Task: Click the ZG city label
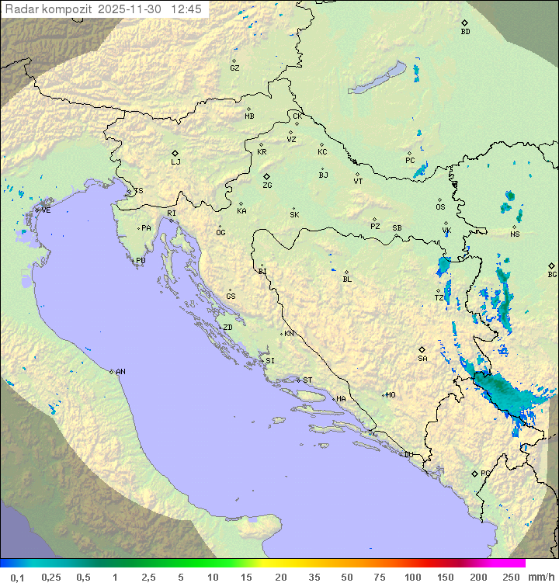tap(267, 186)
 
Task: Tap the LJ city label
tap(175, 162)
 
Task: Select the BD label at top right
tap(465, 32)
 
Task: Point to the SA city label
tap(422, 359)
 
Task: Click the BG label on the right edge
tap(552, 274)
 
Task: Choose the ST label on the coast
tap(307, 380)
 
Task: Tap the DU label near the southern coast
tap(408, 455)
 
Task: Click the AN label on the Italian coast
tap(120, 372)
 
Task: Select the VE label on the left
tap(46, 210)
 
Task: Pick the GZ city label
tap(234, 68)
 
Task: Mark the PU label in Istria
tap(141, 261)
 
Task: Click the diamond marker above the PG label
tap(474, 473)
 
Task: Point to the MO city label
tap(391, 395)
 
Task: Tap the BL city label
tap(347, 279)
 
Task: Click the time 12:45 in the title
tap(186, 9)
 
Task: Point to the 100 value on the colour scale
tap(412, 577)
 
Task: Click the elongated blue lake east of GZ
tap(377, 78)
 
